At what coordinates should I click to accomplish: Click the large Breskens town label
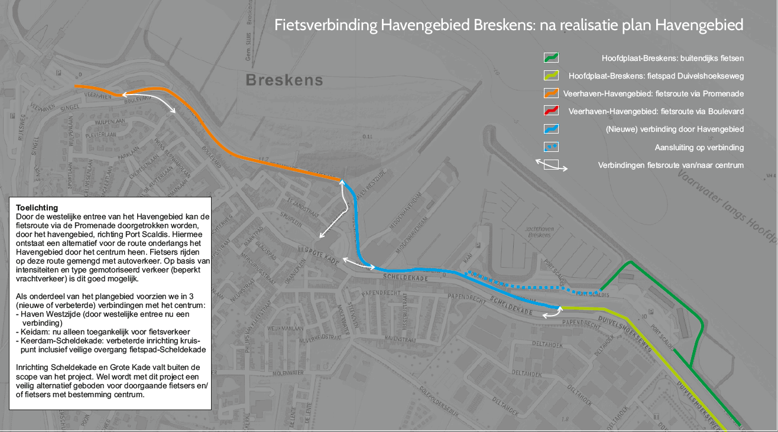pos(284,80)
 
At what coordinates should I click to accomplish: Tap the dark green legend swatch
pos(551,58)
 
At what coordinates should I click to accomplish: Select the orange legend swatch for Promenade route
pos(551,93)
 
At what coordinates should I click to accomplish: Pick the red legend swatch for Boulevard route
pos(551,111)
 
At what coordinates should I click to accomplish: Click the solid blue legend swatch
pos(551,129)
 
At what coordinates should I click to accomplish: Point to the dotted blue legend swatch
pos(551,147)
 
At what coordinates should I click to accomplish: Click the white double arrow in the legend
pos(551,165)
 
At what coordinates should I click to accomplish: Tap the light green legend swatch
pos(551,76)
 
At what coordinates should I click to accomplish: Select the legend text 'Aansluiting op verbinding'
pos(699,147)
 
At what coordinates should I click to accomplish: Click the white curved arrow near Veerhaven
pos(148,101)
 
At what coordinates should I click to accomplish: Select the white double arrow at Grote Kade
pos(358,264)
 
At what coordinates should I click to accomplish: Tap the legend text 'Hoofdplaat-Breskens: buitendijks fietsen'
pos(672,59)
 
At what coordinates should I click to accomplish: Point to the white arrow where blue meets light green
pos(551,315)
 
